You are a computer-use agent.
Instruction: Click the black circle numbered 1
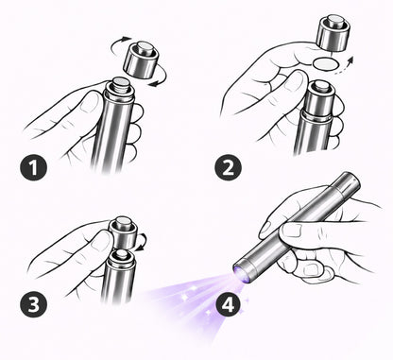[x=35, y=169]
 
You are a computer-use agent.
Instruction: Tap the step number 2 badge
[x=228, y=169]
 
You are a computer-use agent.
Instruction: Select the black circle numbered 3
[x=33, y=305]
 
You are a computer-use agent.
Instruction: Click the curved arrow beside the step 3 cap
[x=143, y=243]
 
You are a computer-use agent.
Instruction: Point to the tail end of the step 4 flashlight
[x=347, y=180]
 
